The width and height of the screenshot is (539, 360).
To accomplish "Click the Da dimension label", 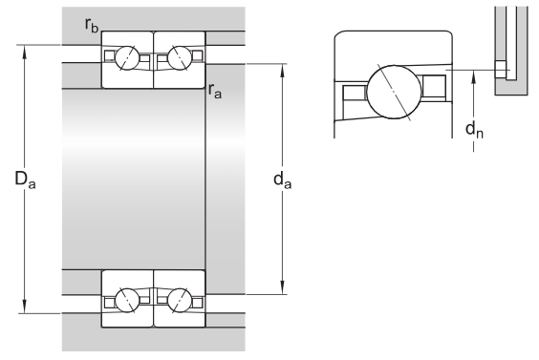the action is [x=25, y=180].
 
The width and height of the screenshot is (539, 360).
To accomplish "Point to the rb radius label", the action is [x=92, y=25].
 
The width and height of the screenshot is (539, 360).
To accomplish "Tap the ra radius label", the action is [x=215, y=91].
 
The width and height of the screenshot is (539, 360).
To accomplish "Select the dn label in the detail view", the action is [x=474, y=130].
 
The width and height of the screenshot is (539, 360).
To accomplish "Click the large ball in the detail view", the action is [x=394, y=92].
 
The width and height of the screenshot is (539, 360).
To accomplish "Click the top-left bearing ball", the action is [x=127, y=57].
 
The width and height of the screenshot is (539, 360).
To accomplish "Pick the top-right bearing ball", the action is [x=180, y=57].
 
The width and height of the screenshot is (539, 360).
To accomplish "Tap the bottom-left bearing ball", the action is [x=127, y=300].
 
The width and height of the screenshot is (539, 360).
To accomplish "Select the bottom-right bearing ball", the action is [x=180, y=300].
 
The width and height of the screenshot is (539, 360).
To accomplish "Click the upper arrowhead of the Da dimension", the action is [x=25, y=52].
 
